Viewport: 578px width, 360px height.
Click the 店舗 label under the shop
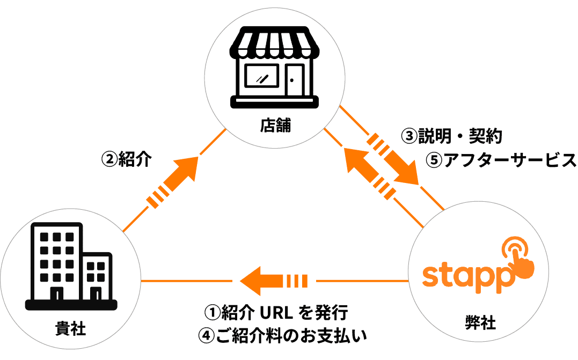[x=275, y=126]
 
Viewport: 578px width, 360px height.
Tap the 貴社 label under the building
[x=70, y=328]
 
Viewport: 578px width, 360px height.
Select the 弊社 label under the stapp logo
[x=480, y=324]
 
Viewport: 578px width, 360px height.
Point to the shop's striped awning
[x=274, y=46]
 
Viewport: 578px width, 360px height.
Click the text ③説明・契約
[x=451, y=136]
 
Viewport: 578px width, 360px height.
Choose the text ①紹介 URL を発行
[x=277, y=312]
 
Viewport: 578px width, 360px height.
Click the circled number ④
[x=206, y=336]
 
